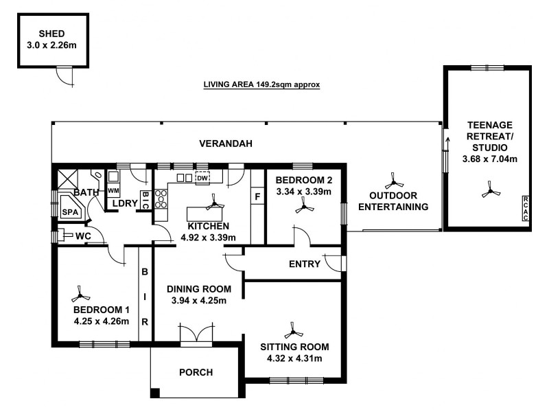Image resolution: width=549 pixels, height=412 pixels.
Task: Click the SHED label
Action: point(47,33)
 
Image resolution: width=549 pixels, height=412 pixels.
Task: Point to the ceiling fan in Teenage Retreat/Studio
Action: point(489,190)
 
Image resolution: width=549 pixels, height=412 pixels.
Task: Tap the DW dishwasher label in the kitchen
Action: point(202,179)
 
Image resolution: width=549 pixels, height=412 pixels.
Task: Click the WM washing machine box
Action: point(114,190)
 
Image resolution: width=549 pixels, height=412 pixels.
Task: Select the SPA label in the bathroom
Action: point(70,213)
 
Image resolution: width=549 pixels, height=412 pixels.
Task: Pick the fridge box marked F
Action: point(258,197)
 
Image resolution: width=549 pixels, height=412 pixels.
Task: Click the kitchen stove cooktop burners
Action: point(160,198)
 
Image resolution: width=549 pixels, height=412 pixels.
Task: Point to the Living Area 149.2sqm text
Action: point(262,86)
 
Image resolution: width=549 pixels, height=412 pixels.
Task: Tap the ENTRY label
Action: point(305,264)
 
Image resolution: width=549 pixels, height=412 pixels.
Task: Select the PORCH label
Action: point(196,373)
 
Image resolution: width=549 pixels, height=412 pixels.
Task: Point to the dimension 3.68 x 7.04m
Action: point(489,159)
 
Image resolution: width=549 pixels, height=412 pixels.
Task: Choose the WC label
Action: point(83,236)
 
